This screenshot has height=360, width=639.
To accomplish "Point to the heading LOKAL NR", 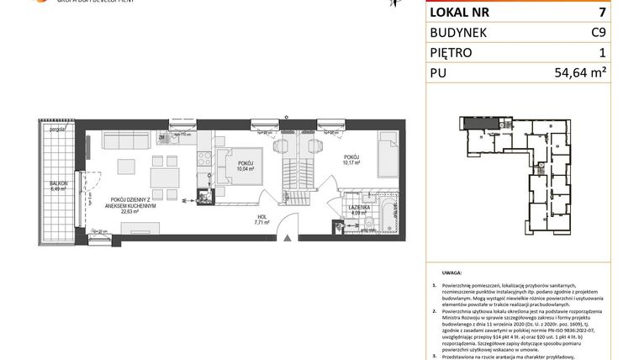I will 461,12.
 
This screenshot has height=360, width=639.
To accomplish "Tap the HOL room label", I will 262,218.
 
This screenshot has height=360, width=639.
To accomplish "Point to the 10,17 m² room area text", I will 352,163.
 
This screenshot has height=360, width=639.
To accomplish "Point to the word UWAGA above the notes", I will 451,273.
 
